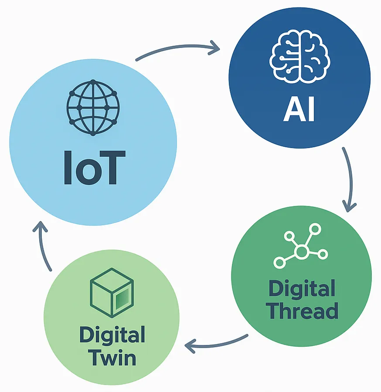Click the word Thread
pos(303,311)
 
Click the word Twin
pos(113,358)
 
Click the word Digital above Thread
pos(302,289)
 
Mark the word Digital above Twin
pos(112,336)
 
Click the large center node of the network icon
pos(301,251)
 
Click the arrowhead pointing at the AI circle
pos(214,47)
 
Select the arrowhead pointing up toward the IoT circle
pos(40,227)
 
